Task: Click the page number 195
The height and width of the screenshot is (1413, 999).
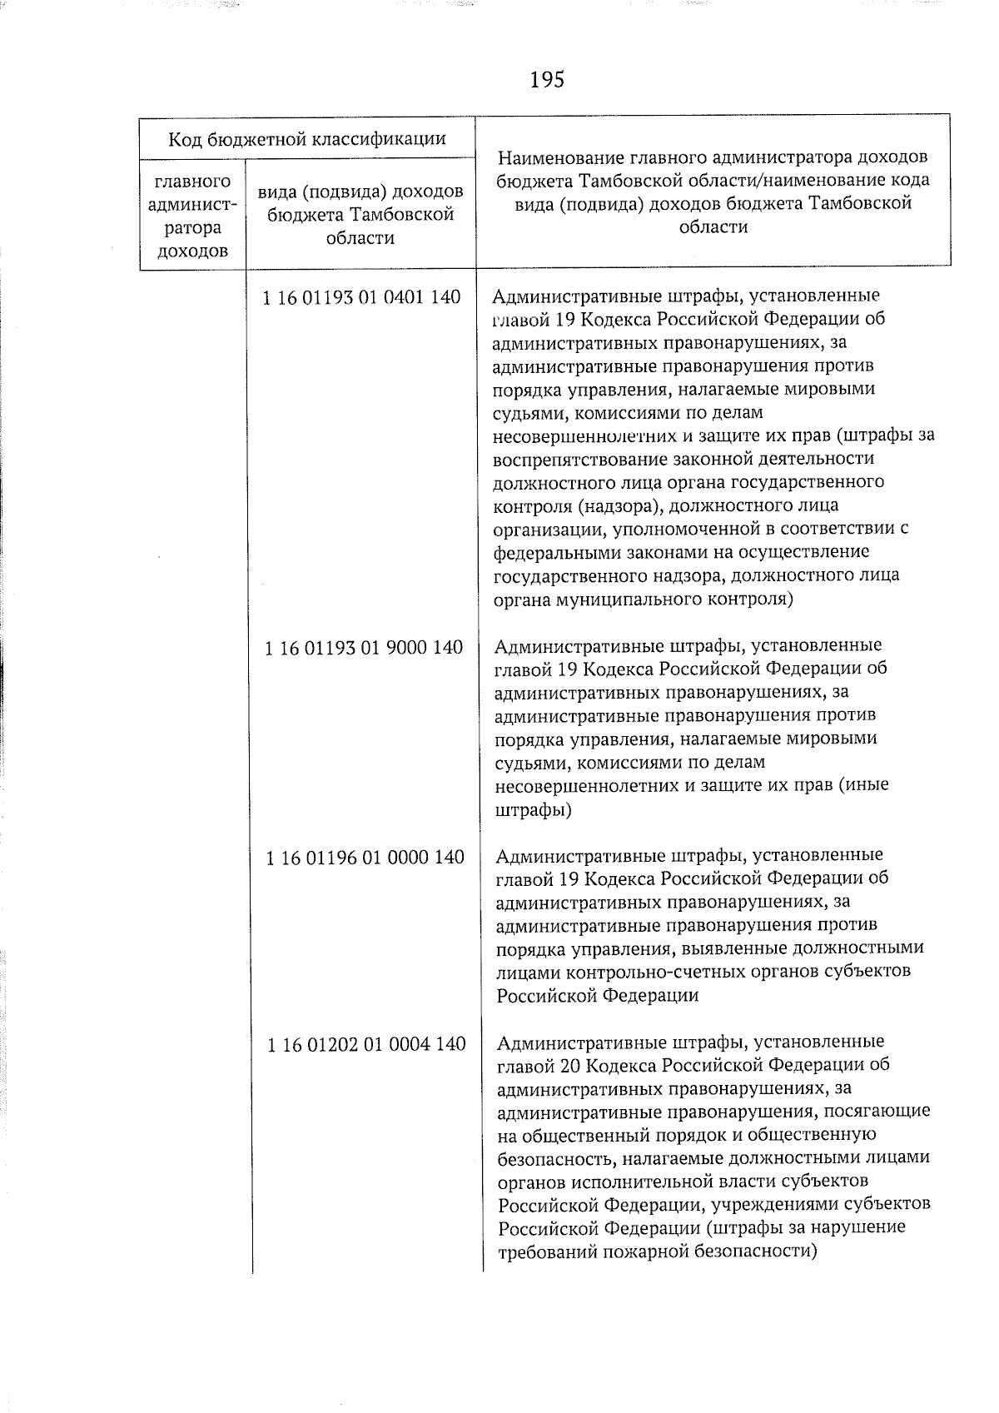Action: tap(546, 80)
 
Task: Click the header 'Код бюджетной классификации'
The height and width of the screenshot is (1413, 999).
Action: tap(306, 138)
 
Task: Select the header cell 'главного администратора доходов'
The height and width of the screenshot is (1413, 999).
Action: tap(193, 216)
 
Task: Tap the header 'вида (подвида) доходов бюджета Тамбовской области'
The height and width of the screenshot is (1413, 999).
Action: tap(360, 215)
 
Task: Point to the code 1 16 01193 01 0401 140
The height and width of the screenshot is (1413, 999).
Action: tap(361, 297)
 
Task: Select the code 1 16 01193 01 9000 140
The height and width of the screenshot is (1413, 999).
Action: tap(364, 647)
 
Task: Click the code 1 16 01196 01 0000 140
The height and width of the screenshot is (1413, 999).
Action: tap(365, 857)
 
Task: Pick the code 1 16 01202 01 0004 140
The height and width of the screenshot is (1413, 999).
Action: tap(366, 1044)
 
